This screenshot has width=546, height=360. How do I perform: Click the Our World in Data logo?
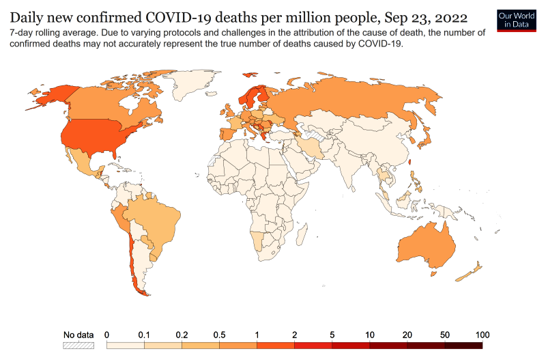pos(516,19)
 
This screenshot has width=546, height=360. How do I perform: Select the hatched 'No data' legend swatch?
pos(78,346)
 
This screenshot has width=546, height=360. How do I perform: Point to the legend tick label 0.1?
pos(144,335)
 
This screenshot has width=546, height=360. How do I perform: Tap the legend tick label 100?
pos(482,335)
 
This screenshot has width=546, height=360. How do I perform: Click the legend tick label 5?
pos(332,335)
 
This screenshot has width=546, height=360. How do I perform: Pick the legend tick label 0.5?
pos(219,335)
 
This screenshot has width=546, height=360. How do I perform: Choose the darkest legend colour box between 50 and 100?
pos(463,346)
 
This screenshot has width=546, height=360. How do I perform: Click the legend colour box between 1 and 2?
pos(276,346)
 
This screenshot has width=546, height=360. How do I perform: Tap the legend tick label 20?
pos(407,335)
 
